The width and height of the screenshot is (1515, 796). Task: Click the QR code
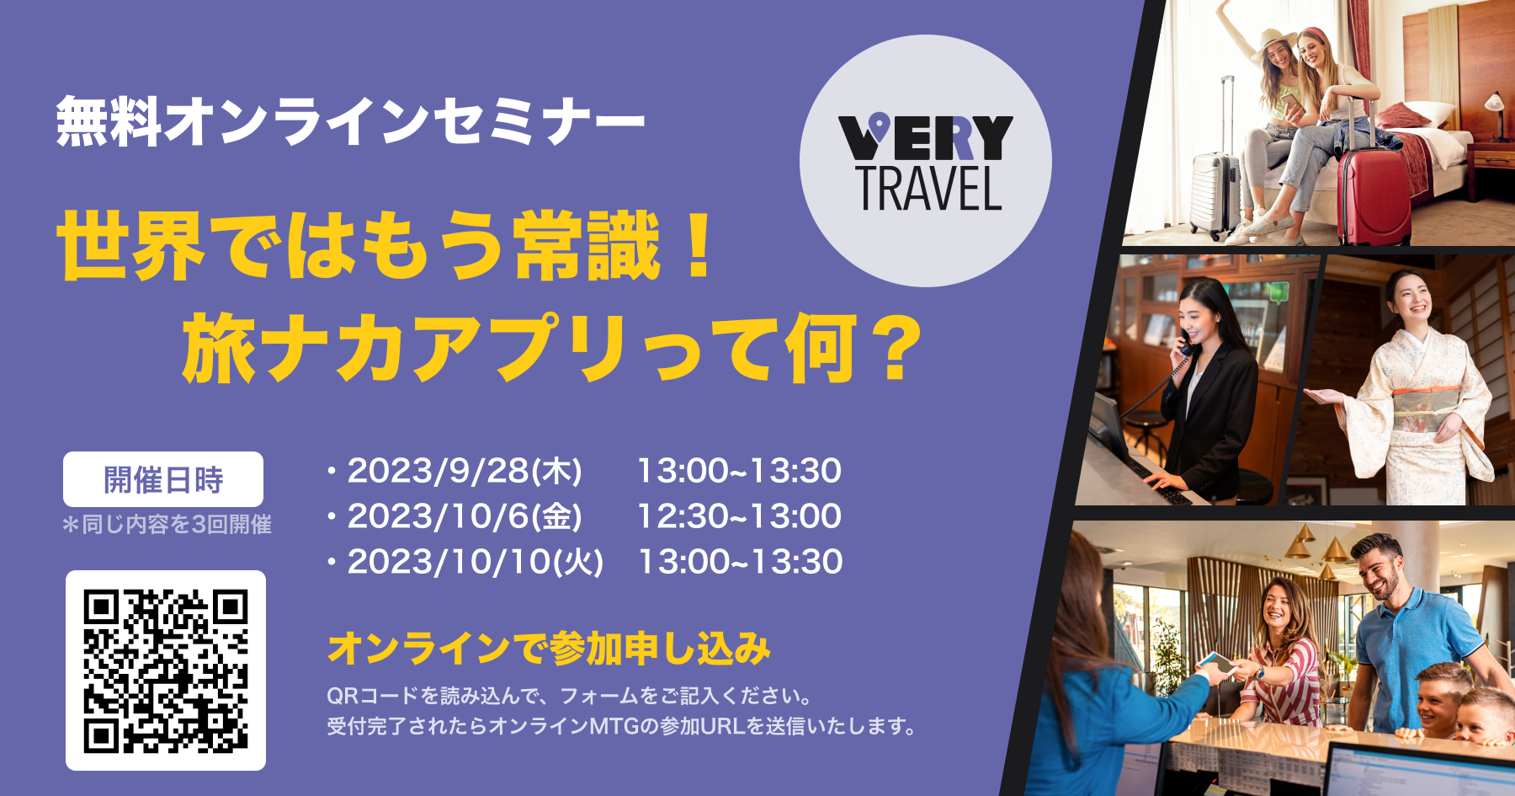pyautogui.click(x=166, y=670)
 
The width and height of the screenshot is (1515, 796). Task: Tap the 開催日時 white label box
pyautogui.click(x=163, y=479)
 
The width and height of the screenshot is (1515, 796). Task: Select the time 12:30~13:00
pyautogui.click(x=739, y=516)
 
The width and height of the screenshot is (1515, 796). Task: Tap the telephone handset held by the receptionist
pyautogui.click(x=1185, y=341)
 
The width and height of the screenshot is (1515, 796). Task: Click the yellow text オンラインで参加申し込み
pyautogui.click(x=549, y=648)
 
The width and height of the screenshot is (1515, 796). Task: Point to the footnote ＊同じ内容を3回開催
pyautogui.click(x=167, y=525)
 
